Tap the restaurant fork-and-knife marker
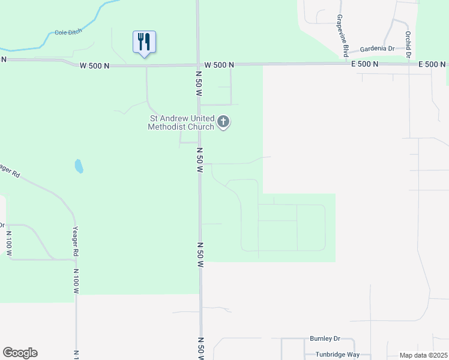point(144,42)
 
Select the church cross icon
point(223,122)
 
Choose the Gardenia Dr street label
point(376,49)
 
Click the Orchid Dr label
point(408,45)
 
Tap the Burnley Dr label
point(325,338)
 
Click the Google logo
point(20,353)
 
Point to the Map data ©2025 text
point(423,355)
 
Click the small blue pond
point(79,166)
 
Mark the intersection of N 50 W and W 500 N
point(199,65)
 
